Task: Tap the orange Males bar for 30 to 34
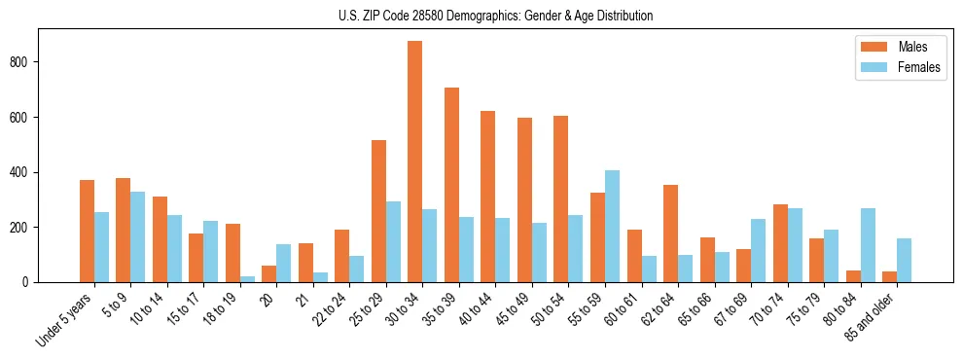[x=415, y=162]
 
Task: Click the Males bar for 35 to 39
[x=451, y=185]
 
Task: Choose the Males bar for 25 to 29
[x=378, y=211]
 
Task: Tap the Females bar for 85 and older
[x=904, y=260]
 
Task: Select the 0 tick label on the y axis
[x=31, y=282]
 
